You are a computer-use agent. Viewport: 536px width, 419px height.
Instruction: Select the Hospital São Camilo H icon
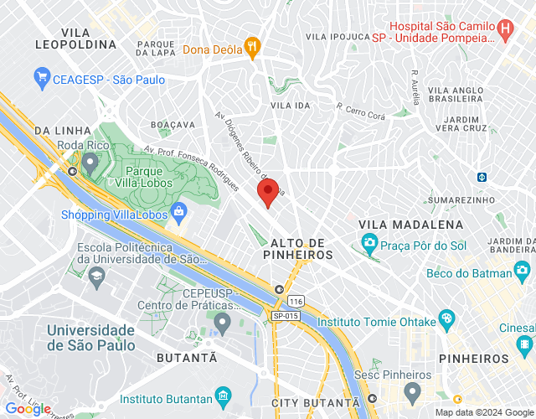tap(505, 30)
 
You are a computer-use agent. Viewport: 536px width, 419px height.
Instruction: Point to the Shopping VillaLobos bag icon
tap(178, 212)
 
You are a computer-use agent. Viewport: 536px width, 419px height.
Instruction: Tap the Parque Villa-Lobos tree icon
tap(90, 159)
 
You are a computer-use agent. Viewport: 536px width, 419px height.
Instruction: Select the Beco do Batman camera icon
tap(523, 271)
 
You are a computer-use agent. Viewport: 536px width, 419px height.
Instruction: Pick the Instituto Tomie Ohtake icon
tap(446, 318)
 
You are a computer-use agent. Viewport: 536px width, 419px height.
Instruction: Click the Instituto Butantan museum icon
tap(223, 395)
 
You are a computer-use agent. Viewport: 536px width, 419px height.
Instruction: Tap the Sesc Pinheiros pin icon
tap(412, 391)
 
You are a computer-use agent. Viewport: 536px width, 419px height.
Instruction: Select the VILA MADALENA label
tap(410, 225)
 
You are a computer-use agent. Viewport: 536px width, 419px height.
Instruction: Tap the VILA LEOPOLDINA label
tap(76, 35)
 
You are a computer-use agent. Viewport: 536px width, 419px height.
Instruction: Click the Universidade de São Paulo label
tap(90, 337)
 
